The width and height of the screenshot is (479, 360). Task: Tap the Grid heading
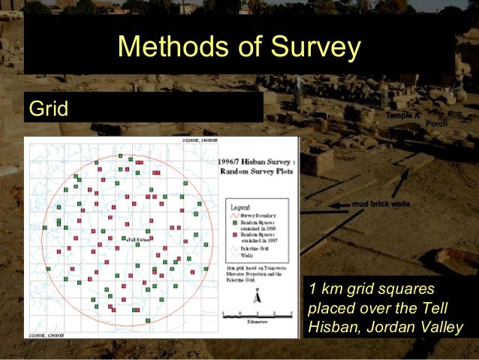click(x=48, y=109)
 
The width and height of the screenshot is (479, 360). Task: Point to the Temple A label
click(x=402, y=115)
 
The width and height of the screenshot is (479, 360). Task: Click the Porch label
click(x=436, y=123)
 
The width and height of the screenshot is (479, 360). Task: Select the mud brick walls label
click(x=381, y=204)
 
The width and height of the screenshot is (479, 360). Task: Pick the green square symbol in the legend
click(x=235, y=223)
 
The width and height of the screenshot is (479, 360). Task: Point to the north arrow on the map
click(x=256, y=296)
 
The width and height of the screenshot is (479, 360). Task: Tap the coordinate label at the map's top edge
click(x=199, y=141)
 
